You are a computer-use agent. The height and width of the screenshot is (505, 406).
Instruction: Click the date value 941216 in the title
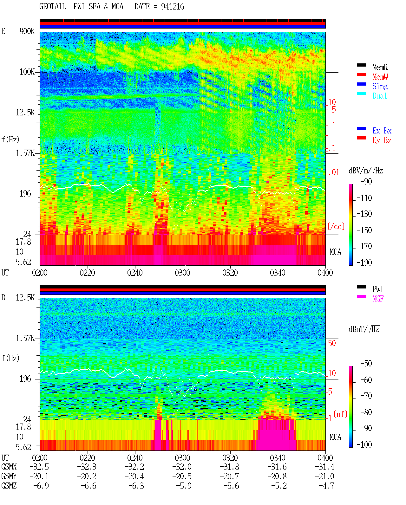[x=173, y=7]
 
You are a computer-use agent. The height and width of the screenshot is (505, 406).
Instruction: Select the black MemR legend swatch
[x=361, y=65]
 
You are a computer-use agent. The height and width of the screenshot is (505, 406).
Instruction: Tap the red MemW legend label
[x=380, y=76]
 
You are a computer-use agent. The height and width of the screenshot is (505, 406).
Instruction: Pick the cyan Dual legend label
[x=380, y=96]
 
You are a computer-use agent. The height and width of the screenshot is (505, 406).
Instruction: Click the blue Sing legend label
[x=380, y=86]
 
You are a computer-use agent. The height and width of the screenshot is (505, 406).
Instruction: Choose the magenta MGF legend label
[x=378, y=299]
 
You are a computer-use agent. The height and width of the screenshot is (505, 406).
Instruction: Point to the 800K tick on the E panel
[x=27, y=31]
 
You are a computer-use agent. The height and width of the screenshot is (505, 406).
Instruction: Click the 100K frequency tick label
[x=27, y=72]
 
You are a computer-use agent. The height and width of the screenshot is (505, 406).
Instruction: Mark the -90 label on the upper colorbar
[x=366, y=181]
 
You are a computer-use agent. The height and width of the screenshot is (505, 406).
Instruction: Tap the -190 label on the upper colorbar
[x=364, y=262]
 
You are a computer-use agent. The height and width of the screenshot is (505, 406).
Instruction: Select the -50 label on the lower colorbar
[x=366, y=364]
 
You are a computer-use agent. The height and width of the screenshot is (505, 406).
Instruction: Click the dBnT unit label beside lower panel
[x=364, y=329]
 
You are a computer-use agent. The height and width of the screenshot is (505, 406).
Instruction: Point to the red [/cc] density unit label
[x=336, y=226]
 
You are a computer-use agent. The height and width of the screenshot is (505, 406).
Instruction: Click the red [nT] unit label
[x=340, y=414]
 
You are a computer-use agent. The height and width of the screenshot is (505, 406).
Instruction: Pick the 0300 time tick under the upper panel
[x=182, y=273]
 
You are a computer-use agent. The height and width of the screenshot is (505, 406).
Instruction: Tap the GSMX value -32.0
[x=182, y=467]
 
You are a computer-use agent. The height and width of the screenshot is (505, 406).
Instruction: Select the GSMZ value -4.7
[x=326, y=486]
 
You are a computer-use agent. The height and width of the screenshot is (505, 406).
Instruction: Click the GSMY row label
[x=9, y=476]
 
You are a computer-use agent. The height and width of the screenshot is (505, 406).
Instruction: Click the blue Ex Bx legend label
[x=382, y=131]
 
